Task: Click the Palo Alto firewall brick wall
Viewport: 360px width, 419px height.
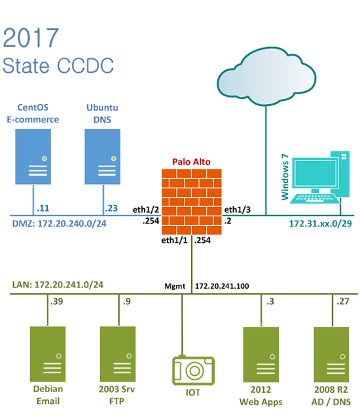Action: coord(192,202)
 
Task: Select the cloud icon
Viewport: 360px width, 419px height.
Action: coord(266,77)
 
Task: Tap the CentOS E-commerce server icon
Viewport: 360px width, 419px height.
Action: coord(33,156)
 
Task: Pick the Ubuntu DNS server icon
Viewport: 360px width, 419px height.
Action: coord(103,156)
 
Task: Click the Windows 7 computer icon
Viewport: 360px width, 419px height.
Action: coord(319,177)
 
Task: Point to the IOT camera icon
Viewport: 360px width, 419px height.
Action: coord(194,370)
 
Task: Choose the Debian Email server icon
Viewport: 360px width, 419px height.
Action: coord(48,354)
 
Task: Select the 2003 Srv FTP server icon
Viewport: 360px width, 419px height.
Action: coord(118,354)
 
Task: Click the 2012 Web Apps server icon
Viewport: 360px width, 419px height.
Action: coord(261,354)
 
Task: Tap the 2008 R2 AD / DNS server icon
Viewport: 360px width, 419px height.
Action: coord(331,354)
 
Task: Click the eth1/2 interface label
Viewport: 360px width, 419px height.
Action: coord(146,209)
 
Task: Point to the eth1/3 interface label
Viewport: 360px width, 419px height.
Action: coord(238,209)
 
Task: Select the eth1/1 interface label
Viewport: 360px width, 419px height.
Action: coord(174,240)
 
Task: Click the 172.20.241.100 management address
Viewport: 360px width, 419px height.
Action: coord(222,286)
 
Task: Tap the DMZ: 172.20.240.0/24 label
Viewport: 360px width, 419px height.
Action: coord(60,223)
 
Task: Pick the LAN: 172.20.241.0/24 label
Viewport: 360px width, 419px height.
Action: coord(58,285)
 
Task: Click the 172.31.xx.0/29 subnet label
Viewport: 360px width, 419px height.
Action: coord(321,224)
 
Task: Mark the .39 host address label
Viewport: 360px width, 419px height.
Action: coord(56,301)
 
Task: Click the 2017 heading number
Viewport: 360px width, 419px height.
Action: coord(31,38)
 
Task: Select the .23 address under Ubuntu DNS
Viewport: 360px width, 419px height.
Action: coord(111,208)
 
